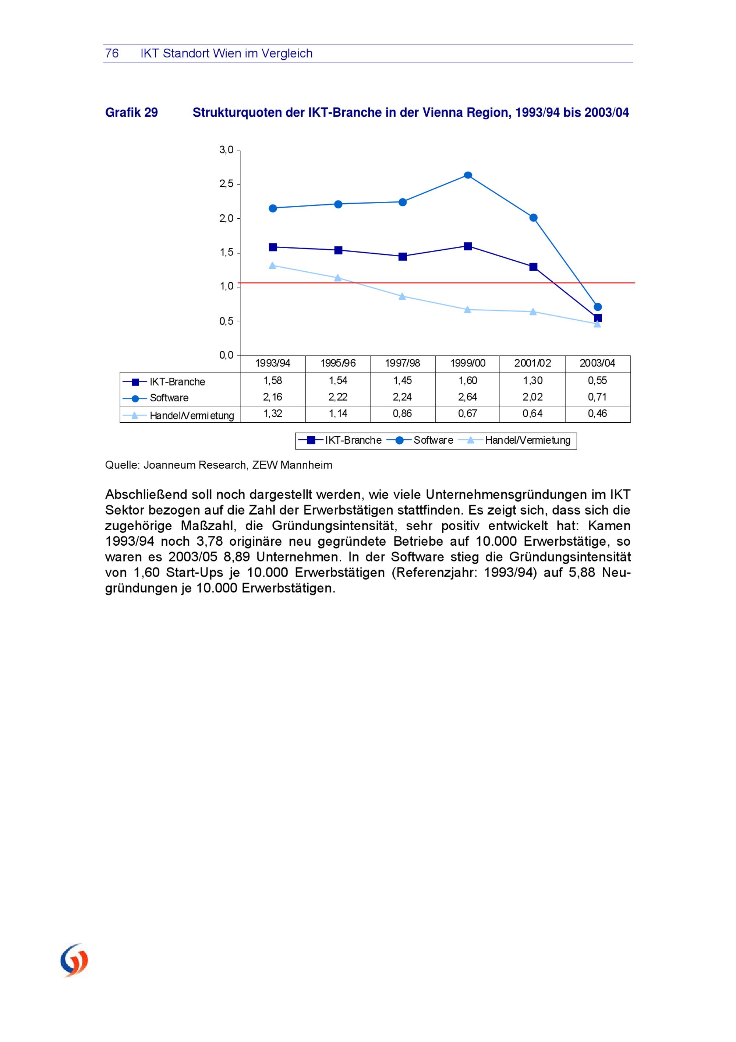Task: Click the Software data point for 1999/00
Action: click(x=468, y=175)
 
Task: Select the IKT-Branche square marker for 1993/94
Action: click(x=273, y=247)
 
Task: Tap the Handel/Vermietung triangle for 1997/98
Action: click(x=402, y=296)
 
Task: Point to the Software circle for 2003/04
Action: click(x=598, y=307)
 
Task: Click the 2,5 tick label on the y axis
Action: click(x=226, y=184)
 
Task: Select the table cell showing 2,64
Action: click(x=467, y=397)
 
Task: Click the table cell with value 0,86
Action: click(x=402, y=413)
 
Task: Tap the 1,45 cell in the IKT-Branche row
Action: click(x=402, y=380)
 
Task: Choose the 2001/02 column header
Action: click(x=532, y=363)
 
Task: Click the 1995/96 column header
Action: click(x=338, y=363)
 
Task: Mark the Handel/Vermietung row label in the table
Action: click(x=192, y=416)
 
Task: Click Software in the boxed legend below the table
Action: click(x=433, y=440)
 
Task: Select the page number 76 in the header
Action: click(x=112, y=53)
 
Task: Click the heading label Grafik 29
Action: click(x=131, y=113)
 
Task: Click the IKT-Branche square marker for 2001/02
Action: click(x=533, y=267)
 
